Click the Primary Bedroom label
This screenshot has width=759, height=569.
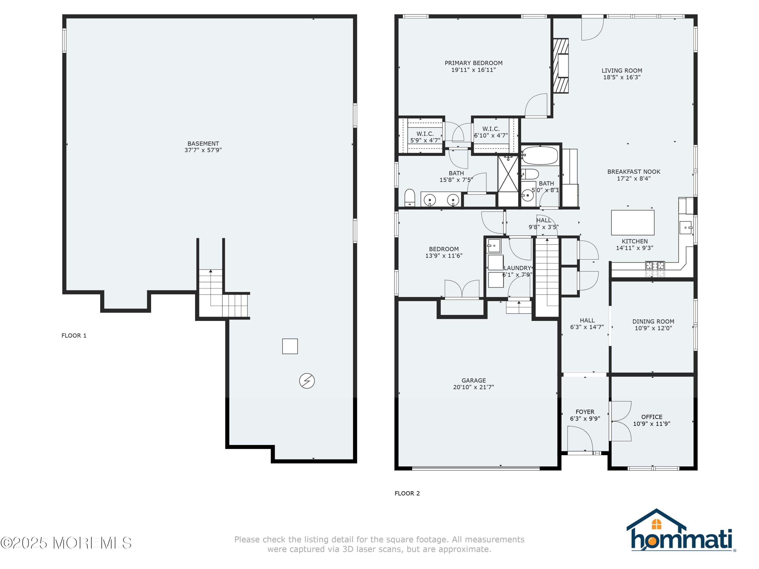point(474,63)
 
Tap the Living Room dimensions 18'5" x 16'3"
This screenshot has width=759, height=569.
point(622,77)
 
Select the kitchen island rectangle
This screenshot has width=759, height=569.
point(633,223)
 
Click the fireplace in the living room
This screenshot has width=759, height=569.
point(561,65)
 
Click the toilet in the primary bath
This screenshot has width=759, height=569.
point(410,198)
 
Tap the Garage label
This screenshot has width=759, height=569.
point(474,380)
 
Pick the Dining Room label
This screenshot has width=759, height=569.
point(653,321)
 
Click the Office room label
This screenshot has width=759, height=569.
point(651,417)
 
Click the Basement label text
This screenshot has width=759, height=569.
point(203,143)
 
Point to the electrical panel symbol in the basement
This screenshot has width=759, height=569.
point(307,381)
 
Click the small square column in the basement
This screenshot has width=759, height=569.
point(290,346)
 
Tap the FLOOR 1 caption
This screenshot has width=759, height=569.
point(74,335)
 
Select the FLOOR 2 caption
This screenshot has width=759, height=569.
point(407,493)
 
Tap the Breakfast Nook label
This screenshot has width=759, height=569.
point(634,171)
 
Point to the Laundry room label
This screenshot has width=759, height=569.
point(517,268)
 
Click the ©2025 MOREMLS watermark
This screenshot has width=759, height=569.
point(66,543)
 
